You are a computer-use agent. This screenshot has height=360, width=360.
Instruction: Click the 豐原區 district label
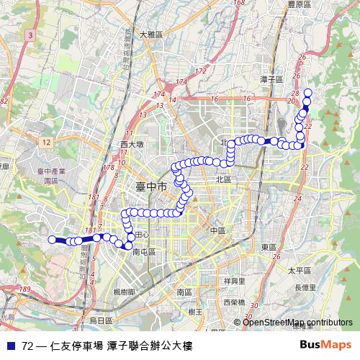pyautogui.click(x=297, y=4)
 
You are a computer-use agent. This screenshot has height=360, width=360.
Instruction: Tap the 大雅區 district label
pyautogui.click(x=151, y=35)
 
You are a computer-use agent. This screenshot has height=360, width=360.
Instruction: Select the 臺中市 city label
pyautogui.click(x=151, y=186)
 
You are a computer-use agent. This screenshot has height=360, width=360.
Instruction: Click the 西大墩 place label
pyautogui.click(x=132, y=145)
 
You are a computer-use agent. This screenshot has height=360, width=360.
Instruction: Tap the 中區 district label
pyautogui.click(x=218, y=230)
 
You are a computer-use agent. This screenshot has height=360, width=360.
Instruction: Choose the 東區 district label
pyautogui.click(x=269, y=247)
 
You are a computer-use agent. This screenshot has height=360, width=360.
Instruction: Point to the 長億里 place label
pyautogui.click(x=305, y=287)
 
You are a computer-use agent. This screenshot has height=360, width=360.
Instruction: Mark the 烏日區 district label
pyautogui.click(x=100, y=320)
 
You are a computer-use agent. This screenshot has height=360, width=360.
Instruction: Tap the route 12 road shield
pyautogui.click(x=46, y=143)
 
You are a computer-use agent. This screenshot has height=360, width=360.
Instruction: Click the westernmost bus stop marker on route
pyautogui.click(x=52, y=239)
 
